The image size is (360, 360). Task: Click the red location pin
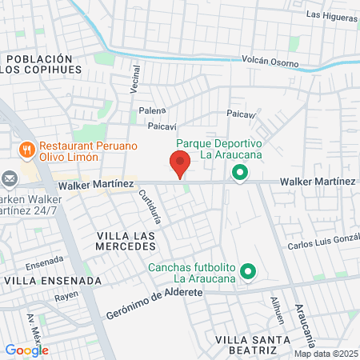180,163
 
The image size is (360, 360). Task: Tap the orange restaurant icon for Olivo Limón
26,149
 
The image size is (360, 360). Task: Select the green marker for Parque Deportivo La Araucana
239,172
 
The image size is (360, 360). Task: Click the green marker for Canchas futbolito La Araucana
248,273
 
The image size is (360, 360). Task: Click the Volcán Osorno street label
270,62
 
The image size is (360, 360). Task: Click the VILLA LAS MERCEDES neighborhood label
126,242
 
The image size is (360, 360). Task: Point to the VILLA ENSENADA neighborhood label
53,281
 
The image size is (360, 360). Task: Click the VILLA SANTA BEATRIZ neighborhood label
252,346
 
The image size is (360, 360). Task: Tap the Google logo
26,350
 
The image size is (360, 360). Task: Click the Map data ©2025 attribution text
326,354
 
